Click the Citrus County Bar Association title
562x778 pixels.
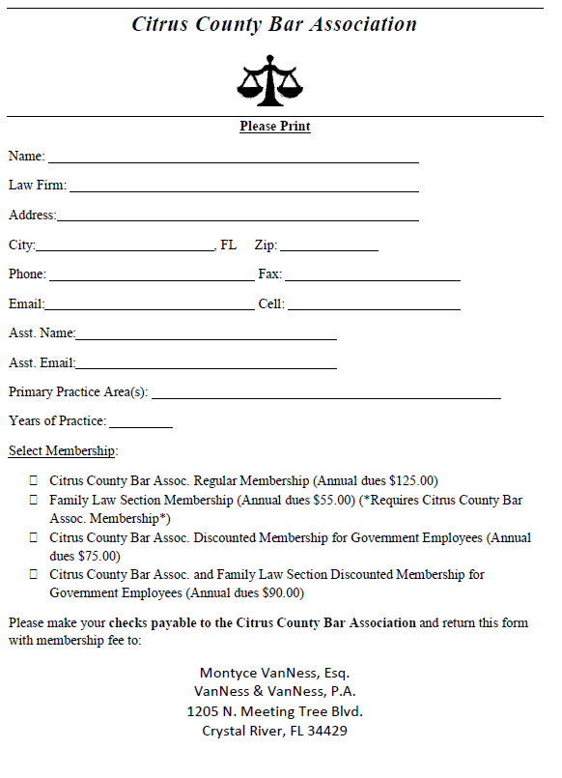[x=274, y=24]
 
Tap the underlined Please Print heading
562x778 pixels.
[x=275, y=127]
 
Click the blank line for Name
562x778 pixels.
[x=233, y=158]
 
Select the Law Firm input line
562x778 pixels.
[x=243, y=187]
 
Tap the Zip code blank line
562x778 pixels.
[x=328, y=247]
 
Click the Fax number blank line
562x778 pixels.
[x=372, y=276]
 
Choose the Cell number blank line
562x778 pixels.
[x=374, y=306]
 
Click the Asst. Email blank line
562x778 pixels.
[x=206, y=365]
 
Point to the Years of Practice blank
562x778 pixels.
[x=140, y=423]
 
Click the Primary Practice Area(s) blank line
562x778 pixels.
[x=325, y=394]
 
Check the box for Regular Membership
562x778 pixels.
[x=34, y=480]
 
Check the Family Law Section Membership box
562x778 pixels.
[x=34, y=500]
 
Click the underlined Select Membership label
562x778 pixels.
[x=63, y=451]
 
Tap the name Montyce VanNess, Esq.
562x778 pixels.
[x=274, y=673]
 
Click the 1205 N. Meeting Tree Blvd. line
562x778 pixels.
[x=274, y=711]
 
